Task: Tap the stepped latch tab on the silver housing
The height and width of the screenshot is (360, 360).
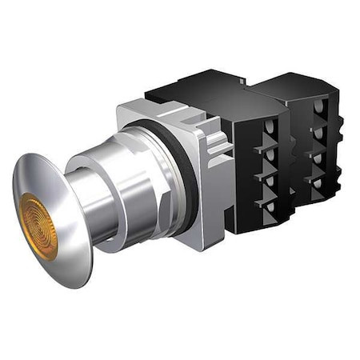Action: [x=216, y=148]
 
